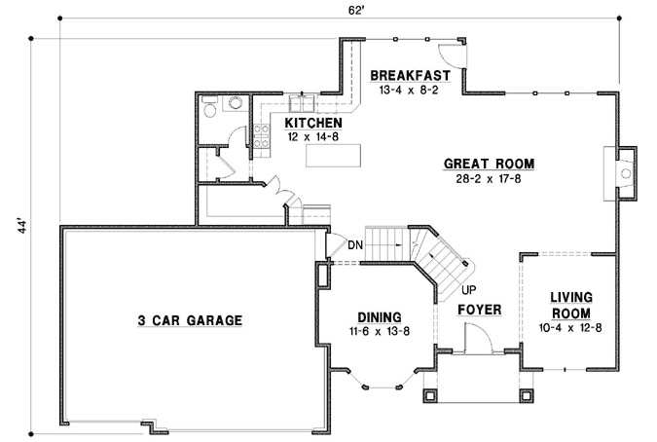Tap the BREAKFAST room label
point(410,76)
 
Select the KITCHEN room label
point(312,124)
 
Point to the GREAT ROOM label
point(489,164)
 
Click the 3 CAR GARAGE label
point(189,319)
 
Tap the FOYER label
point(479,310)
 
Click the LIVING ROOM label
point(571,305)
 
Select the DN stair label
point(355,244)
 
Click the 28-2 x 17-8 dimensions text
point(489,179)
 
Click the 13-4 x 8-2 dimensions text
point(410,91)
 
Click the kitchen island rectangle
point(332,157)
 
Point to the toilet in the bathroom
point(235,104)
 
